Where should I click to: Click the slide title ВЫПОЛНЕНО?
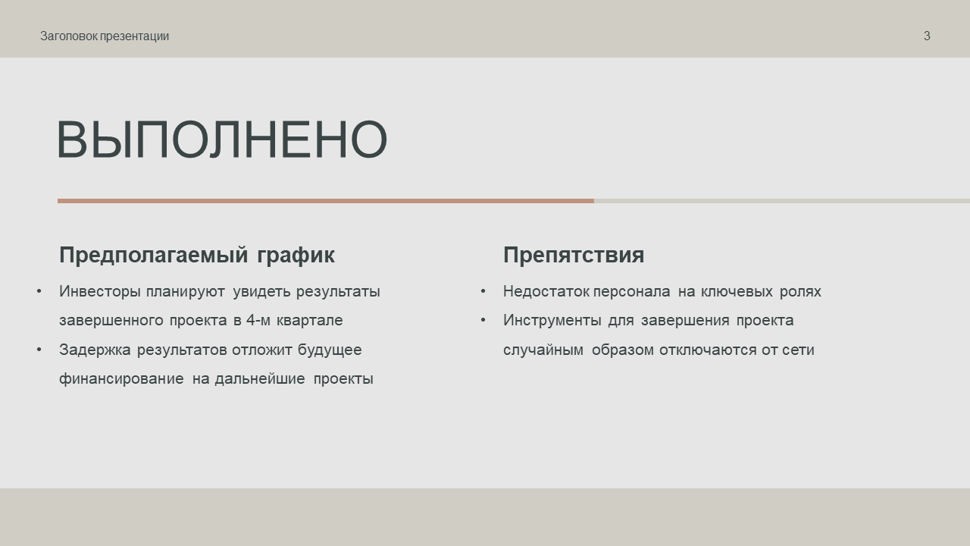[222, 139]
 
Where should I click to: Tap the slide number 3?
[927, 36]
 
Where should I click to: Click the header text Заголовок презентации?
[105, 36]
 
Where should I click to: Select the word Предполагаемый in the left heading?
[153, 255]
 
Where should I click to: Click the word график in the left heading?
[296, 256]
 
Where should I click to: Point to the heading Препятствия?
[574, 255]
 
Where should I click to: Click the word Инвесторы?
[99, 292]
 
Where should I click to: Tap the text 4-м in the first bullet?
[258, 321]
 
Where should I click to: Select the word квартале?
[310, 321]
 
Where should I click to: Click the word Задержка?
[95, 350]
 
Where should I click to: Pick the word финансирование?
[121, 379]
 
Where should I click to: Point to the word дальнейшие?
[260, 379]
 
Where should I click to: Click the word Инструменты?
[552, 321]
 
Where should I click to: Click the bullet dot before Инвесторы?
[39, 292]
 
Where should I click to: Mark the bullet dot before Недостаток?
[483, 292]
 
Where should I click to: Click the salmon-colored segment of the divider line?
[326, 201]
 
